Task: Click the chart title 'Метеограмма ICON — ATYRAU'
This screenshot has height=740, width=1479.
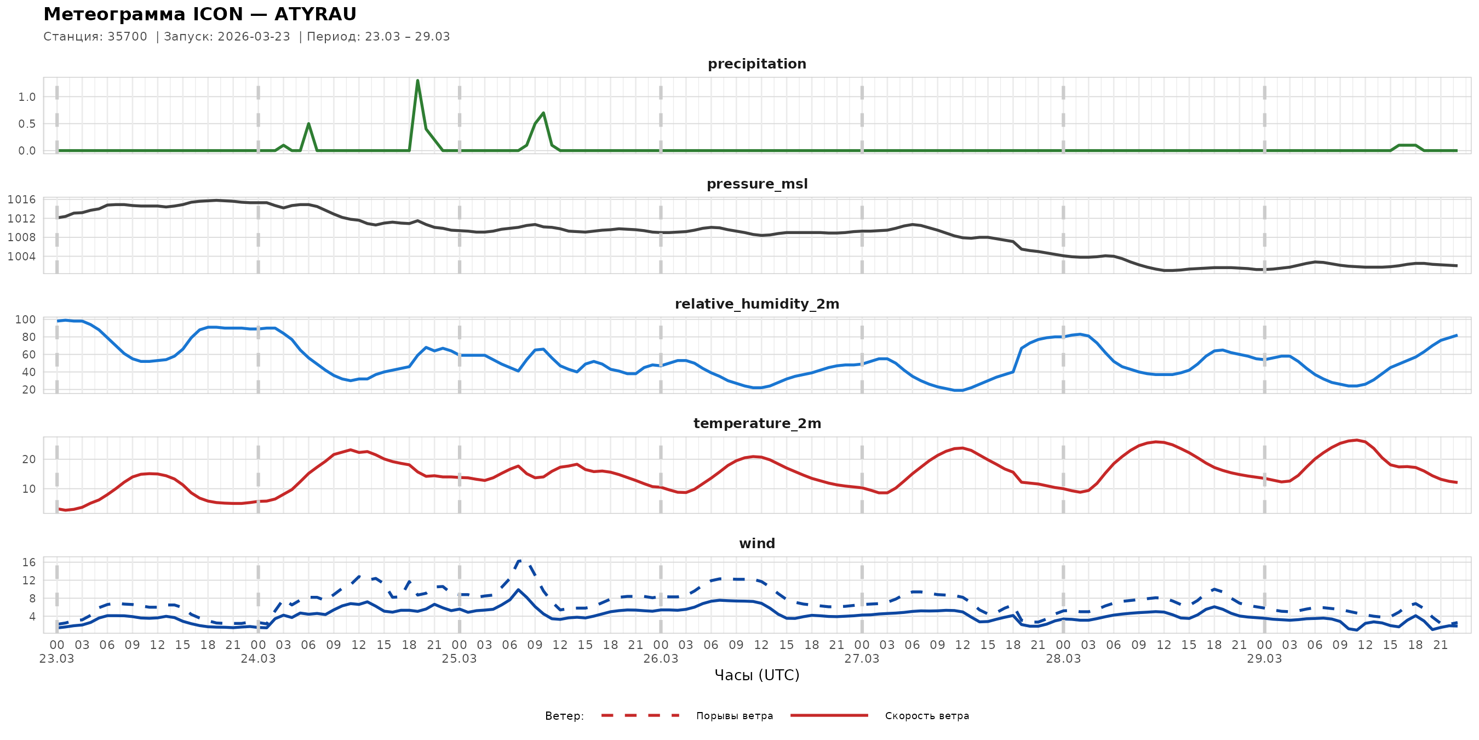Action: click(x=200, y=14)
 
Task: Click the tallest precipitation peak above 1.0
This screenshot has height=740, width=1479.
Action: click(x=417, y=81)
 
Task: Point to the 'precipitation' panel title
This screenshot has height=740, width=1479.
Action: click(x=756, y=64)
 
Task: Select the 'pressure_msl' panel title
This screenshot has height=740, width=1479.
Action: click(x=756, y=184)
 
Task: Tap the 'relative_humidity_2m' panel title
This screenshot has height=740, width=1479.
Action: click(x=756, y=304)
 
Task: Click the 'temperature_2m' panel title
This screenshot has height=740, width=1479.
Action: click(x=756, y=423)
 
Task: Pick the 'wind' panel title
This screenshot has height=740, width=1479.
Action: click(x=756, y=544)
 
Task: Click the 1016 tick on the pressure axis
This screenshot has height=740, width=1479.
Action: click(x=21, y=200)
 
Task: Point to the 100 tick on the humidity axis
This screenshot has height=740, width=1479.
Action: click(x=25, y=320)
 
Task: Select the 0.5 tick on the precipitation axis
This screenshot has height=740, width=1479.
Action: click(x=26, y=123)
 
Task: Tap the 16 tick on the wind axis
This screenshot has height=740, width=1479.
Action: click(x=28, y=562)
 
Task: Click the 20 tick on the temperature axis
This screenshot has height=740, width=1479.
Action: click(x=28, y=459)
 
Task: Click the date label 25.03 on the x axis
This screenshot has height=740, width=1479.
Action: click(x=460, y=659)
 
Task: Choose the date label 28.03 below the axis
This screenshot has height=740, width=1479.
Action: click(x=1063, y=659)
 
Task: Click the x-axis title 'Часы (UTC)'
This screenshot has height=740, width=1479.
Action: click(x=756, y=675)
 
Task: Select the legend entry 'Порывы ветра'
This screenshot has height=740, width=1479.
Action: click(x=735, y=716)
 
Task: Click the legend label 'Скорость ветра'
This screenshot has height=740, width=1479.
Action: click(x=927, y=716)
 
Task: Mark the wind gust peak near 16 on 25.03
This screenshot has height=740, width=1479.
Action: click(x=520, y=561)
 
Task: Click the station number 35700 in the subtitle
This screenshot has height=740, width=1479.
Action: click(x=127, y=37)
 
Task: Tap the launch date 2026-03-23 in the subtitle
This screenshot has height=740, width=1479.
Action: click(x=254, y=37)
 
